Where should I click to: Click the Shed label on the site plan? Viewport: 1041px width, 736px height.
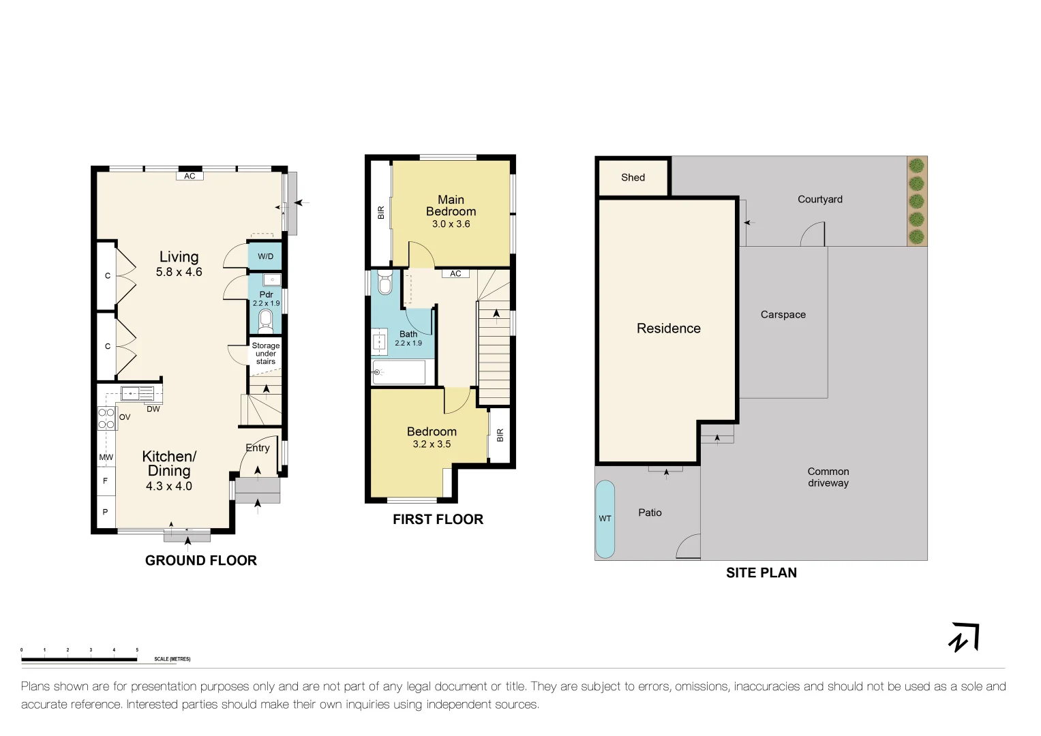633,177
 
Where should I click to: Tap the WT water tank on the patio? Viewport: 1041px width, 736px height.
605,519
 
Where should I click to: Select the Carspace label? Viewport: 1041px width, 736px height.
783,315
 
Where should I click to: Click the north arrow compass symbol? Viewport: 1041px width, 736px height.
964,638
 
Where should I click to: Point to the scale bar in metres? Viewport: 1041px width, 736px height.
79,659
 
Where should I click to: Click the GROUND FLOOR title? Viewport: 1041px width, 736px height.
200,561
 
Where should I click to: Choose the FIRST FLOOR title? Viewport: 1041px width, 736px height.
438,519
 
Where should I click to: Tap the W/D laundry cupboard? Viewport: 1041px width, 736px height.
265,257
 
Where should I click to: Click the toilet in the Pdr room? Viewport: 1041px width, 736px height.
266,320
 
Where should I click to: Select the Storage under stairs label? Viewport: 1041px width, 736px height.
265,354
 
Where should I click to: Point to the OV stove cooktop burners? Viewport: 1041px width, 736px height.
106,418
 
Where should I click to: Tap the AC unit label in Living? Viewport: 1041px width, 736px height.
190,176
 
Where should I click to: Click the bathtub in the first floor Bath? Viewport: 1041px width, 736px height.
399,372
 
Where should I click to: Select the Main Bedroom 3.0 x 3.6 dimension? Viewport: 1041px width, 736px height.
451,224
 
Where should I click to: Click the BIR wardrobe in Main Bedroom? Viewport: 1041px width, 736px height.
381,213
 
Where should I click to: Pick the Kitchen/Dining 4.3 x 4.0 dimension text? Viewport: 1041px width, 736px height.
168,487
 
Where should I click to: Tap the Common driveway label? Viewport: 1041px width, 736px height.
828,477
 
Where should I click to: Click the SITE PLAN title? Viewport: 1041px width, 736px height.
761,573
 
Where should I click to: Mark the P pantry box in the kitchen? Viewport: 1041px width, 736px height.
106,512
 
